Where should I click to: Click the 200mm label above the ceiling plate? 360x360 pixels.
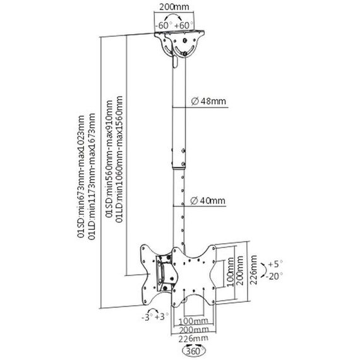click(174, 7)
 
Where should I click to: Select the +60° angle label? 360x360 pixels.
click(184, 25)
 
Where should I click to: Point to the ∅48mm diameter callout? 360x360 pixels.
click(208, 101)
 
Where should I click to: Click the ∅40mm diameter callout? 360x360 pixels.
click(208, 201)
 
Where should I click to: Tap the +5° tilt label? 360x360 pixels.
click(275, 264)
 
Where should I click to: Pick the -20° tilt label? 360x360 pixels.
click(274, 276)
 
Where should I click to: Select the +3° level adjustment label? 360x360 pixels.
click(162, 317)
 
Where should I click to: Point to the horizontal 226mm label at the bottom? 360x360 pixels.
click(193, 338)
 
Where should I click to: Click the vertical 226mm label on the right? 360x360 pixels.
click(254, 270)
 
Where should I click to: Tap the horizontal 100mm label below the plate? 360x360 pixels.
click(193, 321)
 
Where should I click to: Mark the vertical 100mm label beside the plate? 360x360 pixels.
click(231, 272)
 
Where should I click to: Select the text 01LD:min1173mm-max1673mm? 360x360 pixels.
click(92, 176)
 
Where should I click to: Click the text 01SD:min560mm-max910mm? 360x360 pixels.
click(109, 159)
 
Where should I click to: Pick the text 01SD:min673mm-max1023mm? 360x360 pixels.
click(81, 176)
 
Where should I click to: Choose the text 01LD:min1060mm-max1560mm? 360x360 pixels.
click(119, 159)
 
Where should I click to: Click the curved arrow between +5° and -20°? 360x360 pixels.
click(264, 270)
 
